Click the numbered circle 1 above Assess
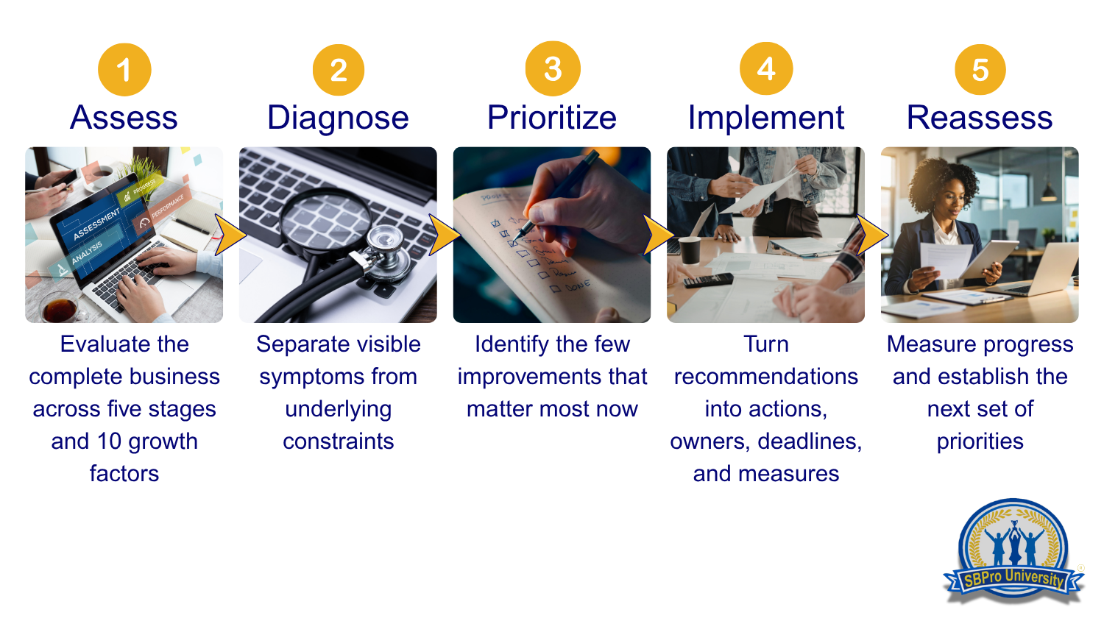(x=124, y=69)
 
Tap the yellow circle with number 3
(x=553, y=68)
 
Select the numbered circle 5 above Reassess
(x=980, y=69)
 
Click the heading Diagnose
(x=338, y=118)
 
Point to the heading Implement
(x=766, y=118)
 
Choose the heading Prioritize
(x=552, y=118)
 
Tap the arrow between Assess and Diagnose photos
(x=230, y=235)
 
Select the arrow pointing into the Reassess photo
(x=872, y=235)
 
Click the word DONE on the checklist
(x=578, y=285)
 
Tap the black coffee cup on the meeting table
(x=690, y=250)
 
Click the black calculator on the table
(x=708, y=280)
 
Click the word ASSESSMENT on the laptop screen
(x=96, y=224)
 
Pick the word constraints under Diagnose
(x=338, y=441)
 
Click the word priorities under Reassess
(x=980, y=442)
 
